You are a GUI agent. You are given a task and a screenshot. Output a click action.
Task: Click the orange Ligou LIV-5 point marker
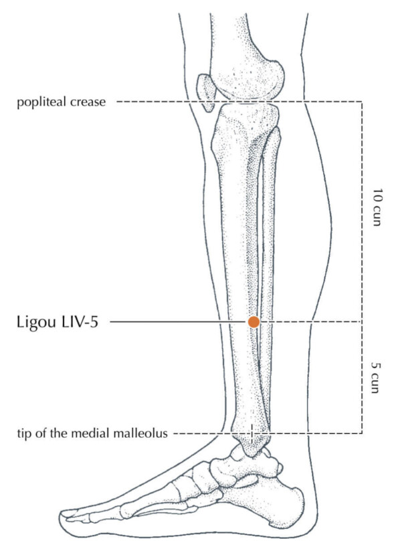tap(254, 322)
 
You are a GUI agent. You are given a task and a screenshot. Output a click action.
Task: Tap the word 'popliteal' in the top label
tap(42, 102)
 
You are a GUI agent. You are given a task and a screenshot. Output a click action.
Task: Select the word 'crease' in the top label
tap(88, 102)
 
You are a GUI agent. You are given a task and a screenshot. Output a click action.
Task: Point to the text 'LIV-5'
tap(80, 322)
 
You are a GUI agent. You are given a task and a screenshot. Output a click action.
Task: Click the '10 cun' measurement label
tap(377, 208)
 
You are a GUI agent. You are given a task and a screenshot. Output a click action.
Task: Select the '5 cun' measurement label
tap(376, 378)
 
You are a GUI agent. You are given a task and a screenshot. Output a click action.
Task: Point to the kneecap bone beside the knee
tap(205, 92)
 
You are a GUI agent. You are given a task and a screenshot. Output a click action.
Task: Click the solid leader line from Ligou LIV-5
tap(179, 322)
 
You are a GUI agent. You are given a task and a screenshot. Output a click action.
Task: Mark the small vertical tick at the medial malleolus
tap(252, 434)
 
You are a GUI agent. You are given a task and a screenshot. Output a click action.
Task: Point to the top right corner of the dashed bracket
tap(362, 102)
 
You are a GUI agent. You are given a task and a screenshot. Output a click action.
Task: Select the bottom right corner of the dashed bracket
tap(362, 433)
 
